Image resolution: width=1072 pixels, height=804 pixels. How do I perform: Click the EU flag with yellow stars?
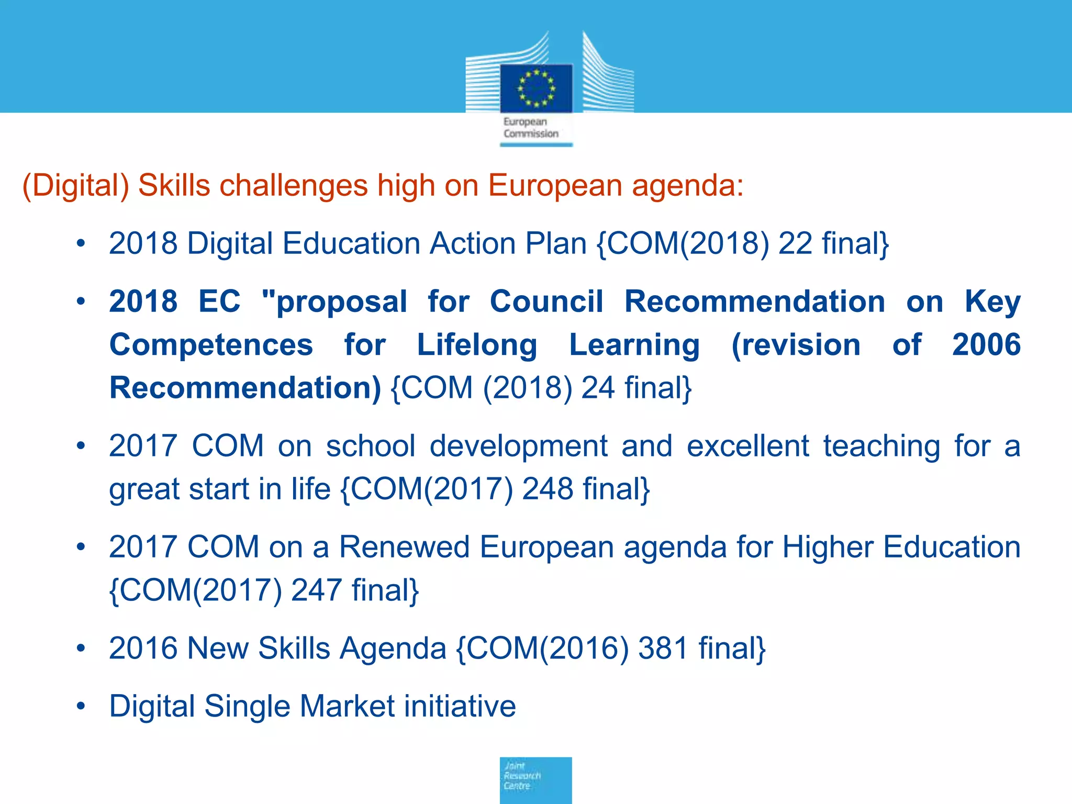[x=536, y=88]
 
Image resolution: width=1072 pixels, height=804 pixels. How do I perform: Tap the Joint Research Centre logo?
[x=535, y=779]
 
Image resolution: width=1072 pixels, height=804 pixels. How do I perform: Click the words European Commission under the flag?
[x=531, y=128]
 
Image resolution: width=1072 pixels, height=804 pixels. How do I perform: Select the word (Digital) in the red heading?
[x=75, y=186]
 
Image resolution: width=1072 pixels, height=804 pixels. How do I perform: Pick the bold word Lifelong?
[x=477, y=345]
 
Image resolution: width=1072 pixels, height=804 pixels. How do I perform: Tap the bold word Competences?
[x=211, y=345]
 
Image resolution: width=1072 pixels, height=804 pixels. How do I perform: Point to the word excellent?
[x=748, y=446]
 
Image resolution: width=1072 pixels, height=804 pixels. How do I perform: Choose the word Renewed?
[x=404, y=547]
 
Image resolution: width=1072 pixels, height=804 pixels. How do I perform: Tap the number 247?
[x=316, y=590]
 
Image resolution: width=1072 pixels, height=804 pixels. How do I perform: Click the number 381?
[x=663, y=648]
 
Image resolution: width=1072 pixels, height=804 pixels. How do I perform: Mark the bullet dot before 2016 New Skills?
[x=81, y=649]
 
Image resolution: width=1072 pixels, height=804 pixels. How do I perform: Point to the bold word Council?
[x=546, y=302]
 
